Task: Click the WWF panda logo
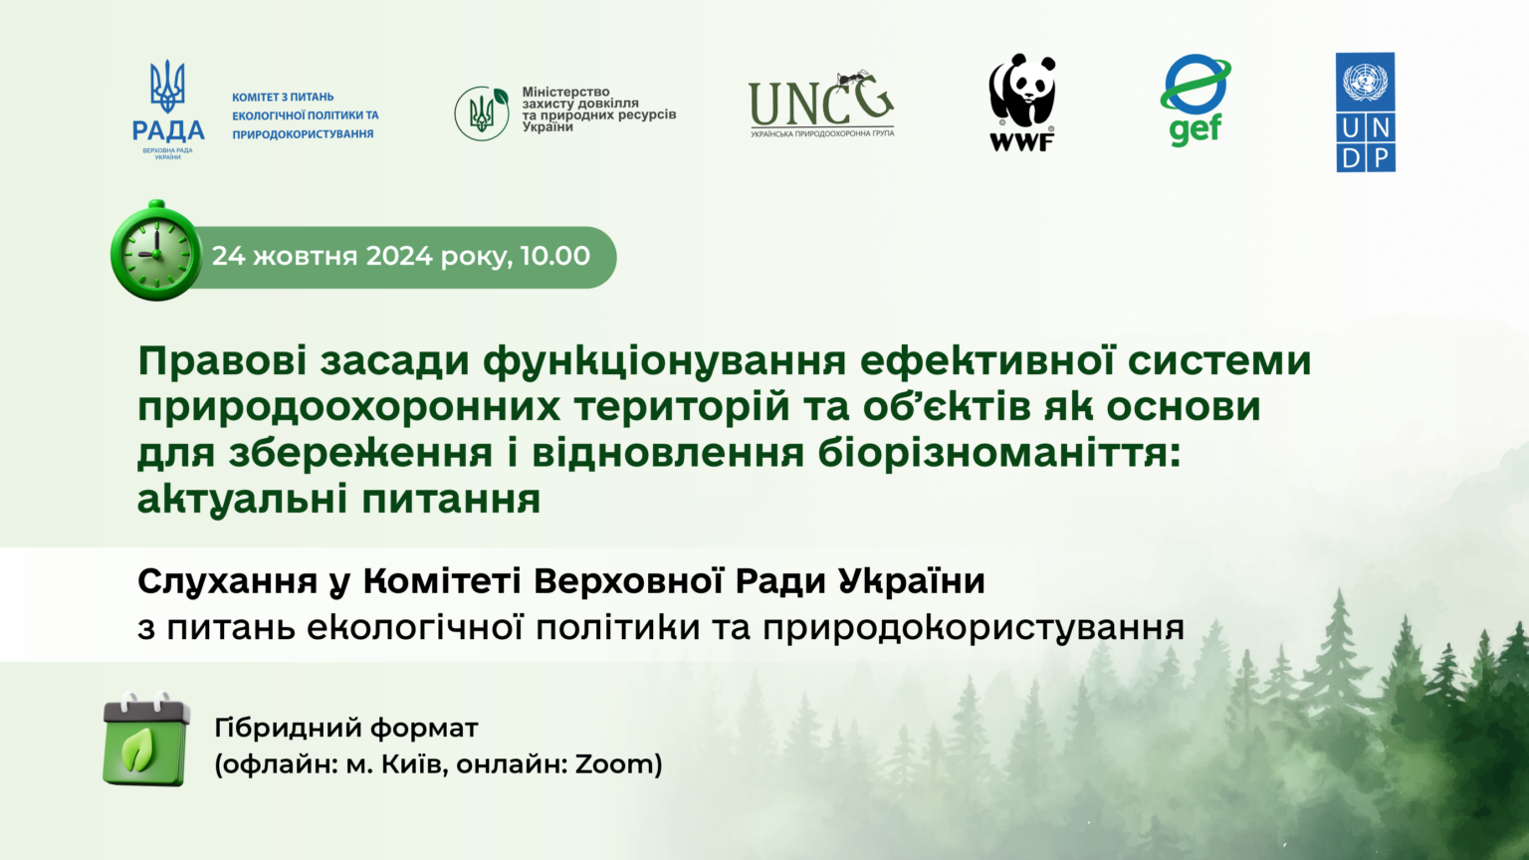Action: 1022,102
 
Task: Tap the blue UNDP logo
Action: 1365,111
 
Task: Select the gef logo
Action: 1196,101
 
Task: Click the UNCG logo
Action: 821,104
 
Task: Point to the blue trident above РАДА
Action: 167,86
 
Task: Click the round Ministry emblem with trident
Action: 482,113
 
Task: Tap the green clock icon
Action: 156,251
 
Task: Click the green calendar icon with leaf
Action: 146,739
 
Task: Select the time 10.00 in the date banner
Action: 554,256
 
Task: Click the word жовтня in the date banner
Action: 306,256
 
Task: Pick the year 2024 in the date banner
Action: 399,256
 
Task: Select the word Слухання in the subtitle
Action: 227,582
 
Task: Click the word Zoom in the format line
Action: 613,763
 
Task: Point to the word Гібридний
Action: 288,729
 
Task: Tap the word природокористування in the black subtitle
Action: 974,629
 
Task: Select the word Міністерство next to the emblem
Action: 565,92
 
